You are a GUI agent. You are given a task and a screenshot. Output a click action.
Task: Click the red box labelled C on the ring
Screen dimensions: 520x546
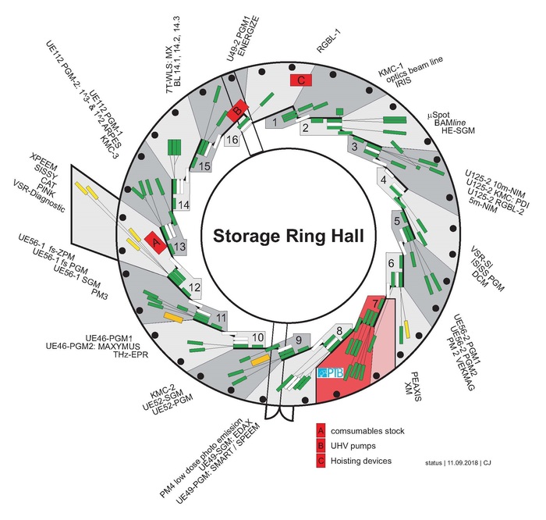click(300, 80)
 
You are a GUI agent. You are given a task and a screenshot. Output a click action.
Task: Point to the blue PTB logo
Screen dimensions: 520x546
click(329, 376)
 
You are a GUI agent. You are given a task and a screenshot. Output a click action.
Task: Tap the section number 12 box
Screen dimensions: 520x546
click(193, 288)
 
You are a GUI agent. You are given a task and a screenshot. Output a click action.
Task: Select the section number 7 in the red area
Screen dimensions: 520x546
click(376, 303)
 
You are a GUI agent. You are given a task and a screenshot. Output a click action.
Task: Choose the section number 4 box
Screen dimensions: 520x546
click(383, 180)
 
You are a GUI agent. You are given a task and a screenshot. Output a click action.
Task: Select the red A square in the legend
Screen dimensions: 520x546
click(321, 431)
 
